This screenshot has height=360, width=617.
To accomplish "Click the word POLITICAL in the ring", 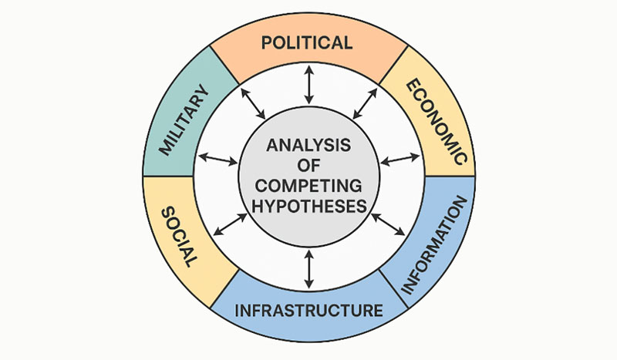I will coord(307,42).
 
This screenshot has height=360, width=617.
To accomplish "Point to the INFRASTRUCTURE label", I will coord(308,311).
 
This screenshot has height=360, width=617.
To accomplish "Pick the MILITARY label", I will coord(184,121).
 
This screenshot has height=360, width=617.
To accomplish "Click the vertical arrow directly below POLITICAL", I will coord(308,85).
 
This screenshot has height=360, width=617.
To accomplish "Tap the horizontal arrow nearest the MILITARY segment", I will coord(218,159).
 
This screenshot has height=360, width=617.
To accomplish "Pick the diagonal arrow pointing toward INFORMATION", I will coord(388,223).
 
